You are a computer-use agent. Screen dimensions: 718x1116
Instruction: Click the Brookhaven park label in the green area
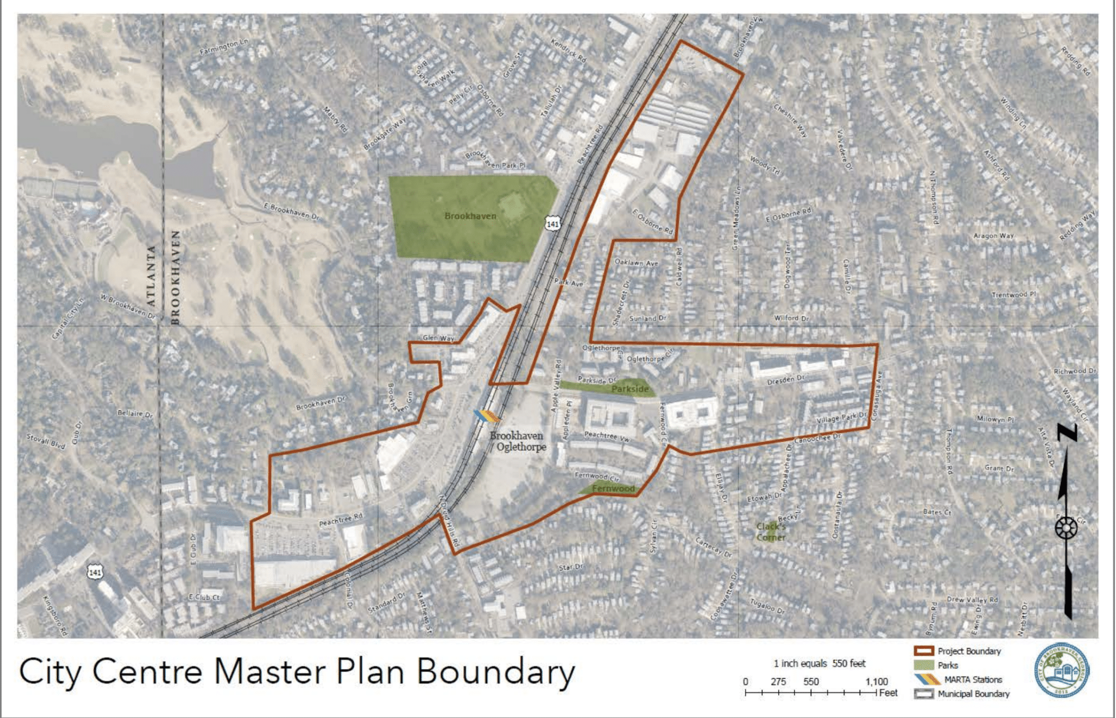click(x=470, y=216)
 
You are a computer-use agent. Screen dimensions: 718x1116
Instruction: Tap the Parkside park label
click(x=630, y=389)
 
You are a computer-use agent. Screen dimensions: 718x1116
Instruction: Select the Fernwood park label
click(x=613, y=488)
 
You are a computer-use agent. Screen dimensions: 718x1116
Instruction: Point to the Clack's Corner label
click(x=771, y=532)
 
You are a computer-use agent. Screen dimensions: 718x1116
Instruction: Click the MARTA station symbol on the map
click(x=487, y=417)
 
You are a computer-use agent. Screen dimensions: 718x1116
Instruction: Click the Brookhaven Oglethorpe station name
click(x=517, y=441)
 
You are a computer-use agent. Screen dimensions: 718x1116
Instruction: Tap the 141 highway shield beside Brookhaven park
click(x=553, y=224)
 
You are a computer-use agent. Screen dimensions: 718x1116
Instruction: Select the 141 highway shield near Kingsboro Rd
click(x=95, y=572)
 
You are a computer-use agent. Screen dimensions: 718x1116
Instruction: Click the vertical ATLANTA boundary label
click(x=151, y=276)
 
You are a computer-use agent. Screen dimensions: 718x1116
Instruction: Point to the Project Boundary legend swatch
click(x=924, y=651)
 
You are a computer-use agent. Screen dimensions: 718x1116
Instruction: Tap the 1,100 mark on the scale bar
click(x=876, y=681)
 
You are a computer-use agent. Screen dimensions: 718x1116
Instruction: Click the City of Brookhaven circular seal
click(x=1062, y=670)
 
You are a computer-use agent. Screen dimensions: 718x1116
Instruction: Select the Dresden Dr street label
click(x=785, y=379)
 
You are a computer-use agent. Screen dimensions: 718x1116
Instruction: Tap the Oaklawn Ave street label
click(x=636, y=263)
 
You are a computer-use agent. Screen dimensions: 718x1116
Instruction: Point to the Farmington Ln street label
click(x=223, y=47)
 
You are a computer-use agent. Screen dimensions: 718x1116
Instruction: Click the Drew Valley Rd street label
click(x=972, y=599)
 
